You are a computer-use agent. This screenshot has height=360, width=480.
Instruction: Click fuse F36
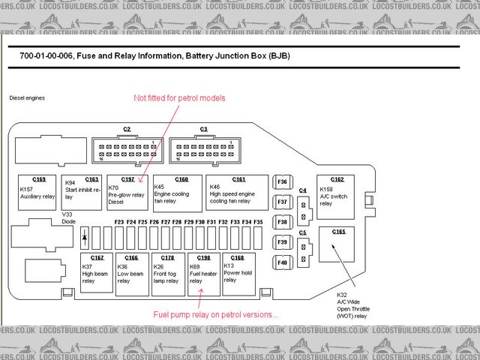coord(282,182)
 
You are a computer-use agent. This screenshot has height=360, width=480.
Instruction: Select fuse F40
coord(282,262)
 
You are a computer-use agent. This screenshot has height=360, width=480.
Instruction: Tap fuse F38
coord(282,223)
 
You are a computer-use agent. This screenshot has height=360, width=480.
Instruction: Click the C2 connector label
coord(127,129)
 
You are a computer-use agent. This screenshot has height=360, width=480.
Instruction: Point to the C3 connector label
coord(204,129)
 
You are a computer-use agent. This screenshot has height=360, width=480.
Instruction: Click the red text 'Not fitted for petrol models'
coord(179,98)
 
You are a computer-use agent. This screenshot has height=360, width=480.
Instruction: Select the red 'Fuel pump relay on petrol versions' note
coord(215,314)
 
